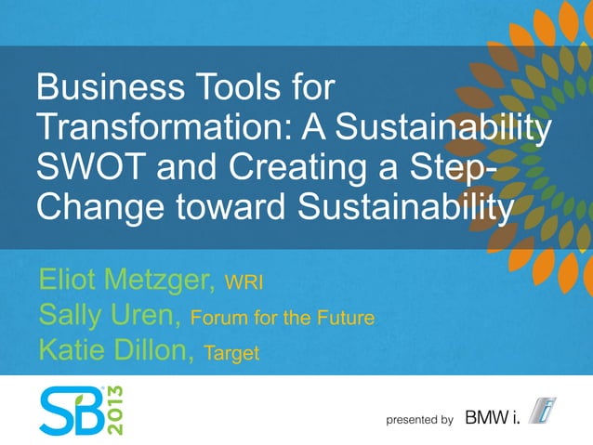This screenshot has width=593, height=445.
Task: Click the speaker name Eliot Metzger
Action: point(125,279)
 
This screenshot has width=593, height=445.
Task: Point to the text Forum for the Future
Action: point(282,319)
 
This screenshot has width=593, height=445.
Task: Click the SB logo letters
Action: point(71,408)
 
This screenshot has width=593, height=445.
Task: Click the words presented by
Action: point(419,420)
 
